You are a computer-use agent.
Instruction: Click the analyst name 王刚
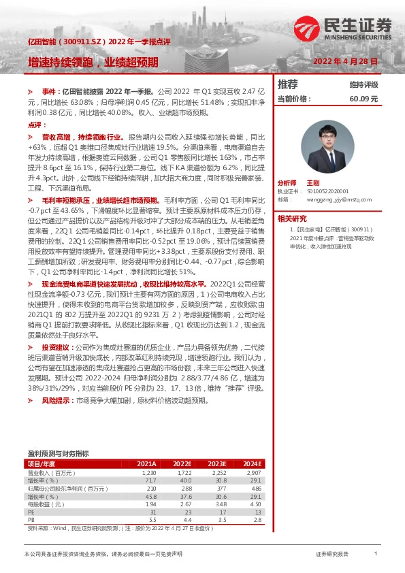(313, 183)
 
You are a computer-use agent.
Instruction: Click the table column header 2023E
(218, 464)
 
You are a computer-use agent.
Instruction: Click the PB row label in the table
(31, 520)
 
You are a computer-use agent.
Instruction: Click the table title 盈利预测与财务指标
(58, 453)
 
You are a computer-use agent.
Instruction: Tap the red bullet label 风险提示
(56, 401)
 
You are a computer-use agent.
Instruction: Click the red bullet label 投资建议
(56, 346)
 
